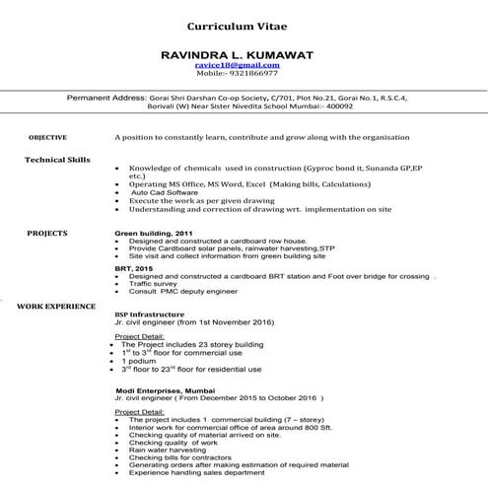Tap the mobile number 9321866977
click(251, 73)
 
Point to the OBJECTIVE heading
click(47, 137)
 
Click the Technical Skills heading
click(56, 159)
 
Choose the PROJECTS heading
click(47, 233)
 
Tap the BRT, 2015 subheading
click(134, 267)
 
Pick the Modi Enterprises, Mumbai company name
click(163, 390)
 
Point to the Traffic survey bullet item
click(153, 284)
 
